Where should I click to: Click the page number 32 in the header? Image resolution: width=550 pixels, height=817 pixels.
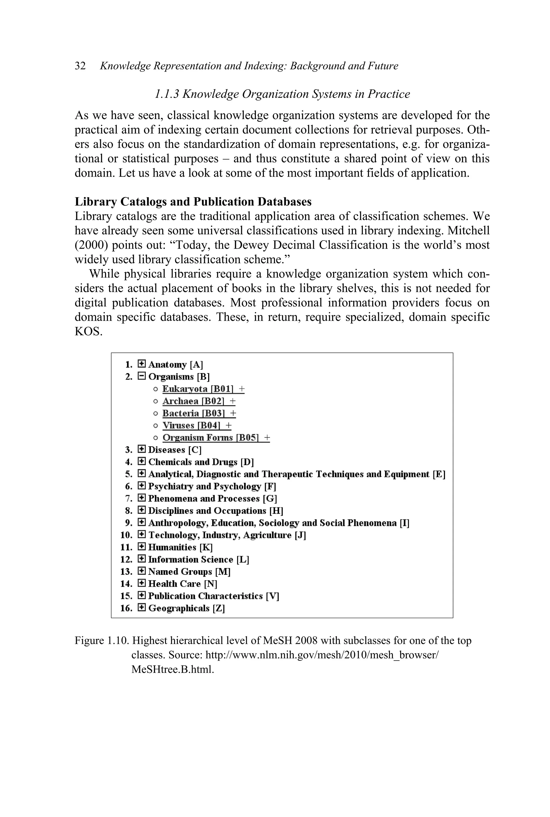[80, 66]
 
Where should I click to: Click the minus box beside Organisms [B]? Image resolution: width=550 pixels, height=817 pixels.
[141, 376]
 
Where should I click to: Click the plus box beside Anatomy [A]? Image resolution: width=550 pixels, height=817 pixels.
[141, 364]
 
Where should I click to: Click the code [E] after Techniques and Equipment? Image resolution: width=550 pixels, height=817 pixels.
[439, 474]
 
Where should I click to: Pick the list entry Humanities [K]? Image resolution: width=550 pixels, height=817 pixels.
[180, 547]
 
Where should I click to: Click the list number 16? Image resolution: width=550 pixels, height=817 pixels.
[126, 608]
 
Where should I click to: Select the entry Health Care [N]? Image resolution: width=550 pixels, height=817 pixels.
[182, 584]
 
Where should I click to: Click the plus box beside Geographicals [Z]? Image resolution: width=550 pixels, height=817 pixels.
[141, 608]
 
